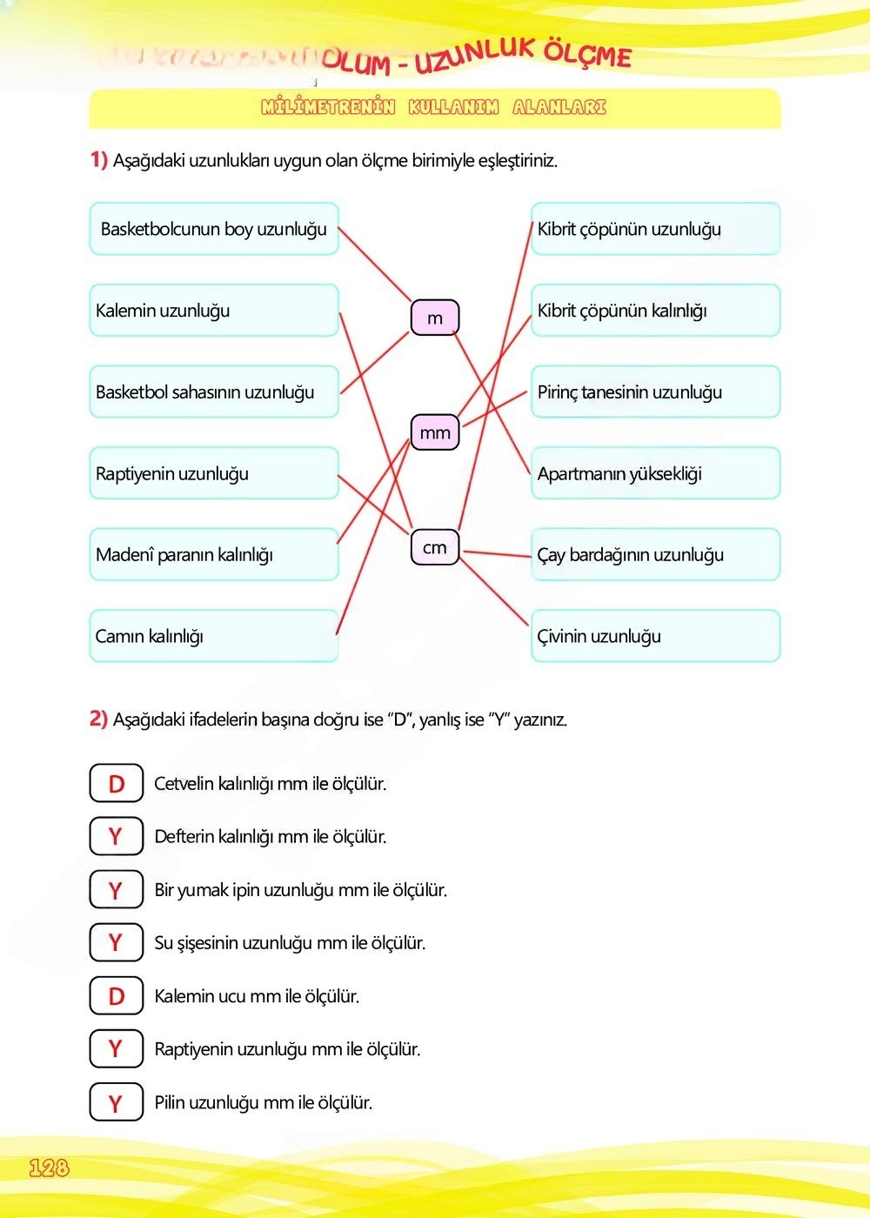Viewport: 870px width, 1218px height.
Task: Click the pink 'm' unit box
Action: point(434,318)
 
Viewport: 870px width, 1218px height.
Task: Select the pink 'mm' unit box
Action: point(434,432)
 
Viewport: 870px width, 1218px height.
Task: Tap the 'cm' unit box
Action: point(434,547)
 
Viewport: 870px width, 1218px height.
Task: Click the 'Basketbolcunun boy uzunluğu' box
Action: point(214,229)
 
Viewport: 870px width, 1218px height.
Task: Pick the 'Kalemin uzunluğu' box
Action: point(214,311)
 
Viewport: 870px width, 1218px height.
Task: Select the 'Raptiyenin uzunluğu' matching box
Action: point(214,473)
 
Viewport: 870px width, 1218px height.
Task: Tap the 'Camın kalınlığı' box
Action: point(214,636)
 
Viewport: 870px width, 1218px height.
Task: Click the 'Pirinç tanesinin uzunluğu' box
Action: point(655,392)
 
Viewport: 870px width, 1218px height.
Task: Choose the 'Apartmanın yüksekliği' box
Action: point(655,473)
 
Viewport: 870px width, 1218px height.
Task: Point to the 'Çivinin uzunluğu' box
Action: point(655,636)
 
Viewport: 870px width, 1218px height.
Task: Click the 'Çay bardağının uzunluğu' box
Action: point(655,555)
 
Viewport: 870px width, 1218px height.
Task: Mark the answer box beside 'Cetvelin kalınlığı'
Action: point(116,783)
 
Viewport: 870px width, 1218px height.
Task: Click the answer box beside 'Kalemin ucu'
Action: point(116,996)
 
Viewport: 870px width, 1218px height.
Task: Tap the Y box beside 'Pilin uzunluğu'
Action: point(116,1102)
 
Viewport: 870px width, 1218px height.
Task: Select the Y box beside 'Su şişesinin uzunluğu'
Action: point(116,942)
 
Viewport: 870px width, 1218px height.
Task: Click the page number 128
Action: point(49,1168)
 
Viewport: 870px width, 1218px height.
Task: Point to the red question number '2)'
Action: point(98,719)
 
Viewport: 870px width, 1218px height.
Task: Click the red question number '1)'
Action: point(98,159)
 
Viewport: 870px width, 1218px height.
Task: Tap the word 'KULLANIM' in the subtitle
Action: point(453,107)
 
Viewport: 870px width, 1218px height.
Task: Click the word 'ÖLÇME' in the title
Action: point(588,54)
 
